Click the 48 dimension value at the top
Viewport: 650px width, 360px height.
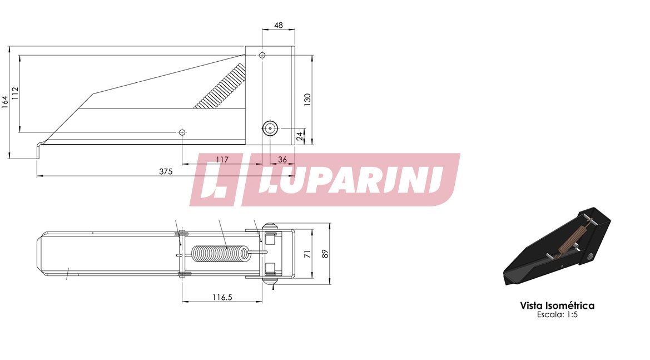pos(279,25)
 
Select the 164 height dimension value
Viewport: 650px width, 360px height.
pos(5,102)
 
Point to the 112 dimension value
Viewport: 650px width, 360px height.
pos(16,93)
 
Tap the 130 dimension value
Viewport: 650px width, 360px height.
pos(307,100)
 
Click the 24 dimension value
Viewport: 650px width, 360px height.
pos(300,136)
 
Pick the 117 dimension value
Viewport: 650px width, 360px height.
pos(222,160)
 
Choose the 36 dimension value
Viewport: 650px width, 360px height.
pos(282,160)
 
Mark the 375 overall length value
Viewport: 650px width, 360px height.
pos(166,171)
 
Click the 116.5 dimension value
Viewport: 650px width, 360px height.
pos(222,297)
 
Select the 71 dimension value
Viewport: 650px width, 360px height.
pos(307,254)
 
